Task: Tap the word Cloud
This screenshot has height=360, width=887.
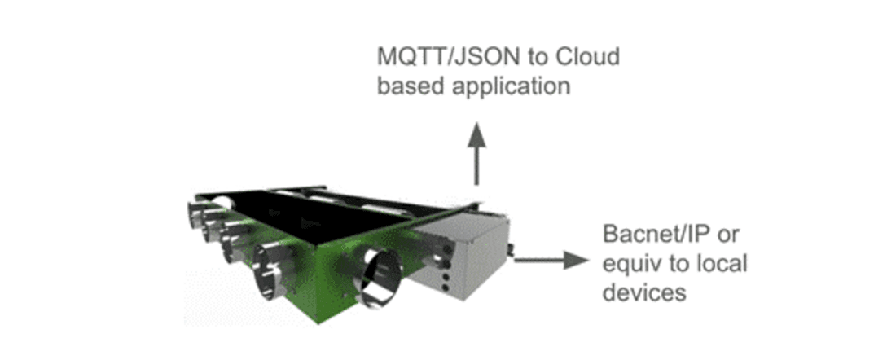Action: point(588,56)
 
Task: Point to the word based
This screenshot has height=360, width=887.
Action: point(406,86)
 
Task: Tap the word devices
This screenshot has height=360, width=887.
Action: point(644,293)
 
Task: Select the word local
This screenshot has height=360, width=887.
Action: point(723,263)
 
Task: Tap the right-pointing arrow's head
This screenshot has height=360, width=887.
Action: point(577,261)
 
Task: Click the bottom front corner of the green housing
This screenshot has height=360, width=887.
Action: point(318,323)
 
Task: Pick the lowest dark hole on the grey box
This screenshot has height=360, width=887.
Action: point(444,288)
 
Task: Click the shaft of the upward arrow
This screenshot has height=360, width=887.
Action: point(476,166)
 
